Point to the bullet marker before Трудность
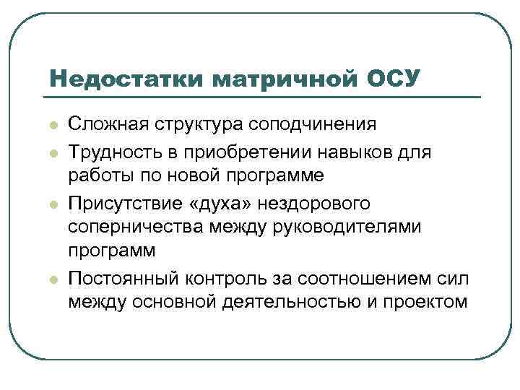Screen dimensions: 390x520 click(52, 151)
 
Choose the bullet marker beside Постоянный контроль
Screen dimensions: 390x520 click(52, 277)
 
